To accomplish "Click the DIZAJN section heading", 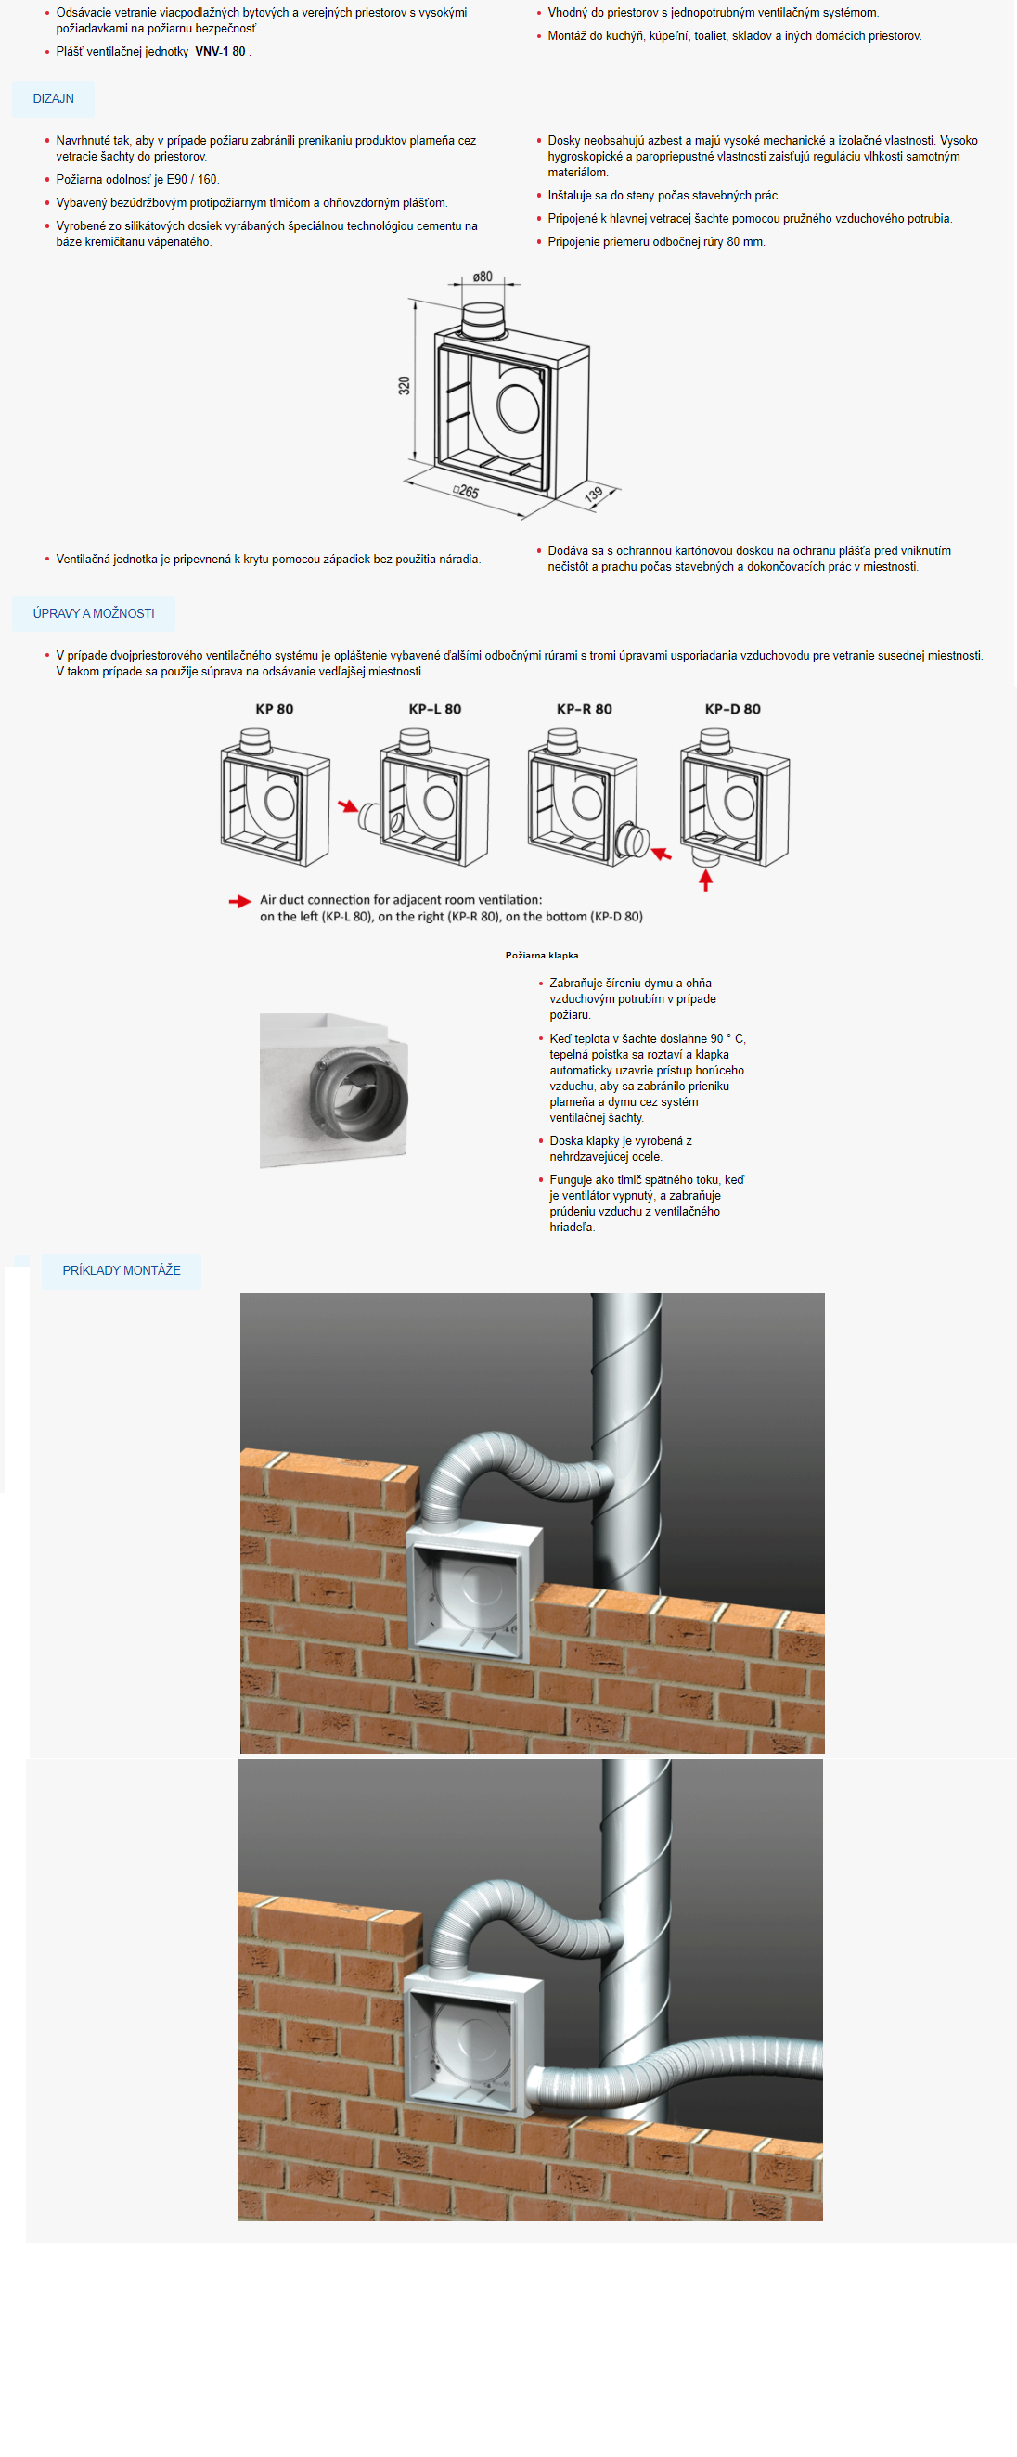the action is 54,98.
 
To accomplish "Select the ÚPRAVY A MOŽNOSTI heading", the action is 94,613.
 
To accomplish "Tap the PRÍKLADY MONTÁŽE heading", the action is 122,1270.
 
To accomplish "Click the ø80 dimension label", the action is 483,277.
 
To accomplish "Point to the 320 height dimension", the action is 405,385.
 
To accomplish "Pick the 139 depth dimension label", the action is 594,494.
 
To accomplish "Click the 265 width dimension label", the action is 466,491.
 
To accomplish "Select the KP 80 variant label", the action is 274,709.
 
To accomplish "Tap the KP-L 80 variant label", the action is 434,709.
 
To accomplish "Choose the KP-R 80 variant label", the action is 584,709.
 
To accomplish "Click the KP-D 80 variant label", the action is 733,709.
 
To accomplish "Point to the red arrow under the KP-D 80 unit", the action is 706,880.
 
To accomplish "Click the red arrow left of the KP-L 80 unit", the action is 348,807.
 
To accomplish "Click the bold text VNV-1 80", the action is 221,52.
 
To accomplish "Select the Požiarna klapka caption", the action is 542,955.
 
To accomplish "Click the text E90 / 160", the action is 192,179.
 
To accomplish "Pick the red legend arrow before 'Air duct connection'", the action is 239,900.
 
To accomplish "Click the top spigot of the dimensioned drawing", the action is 483,320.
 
